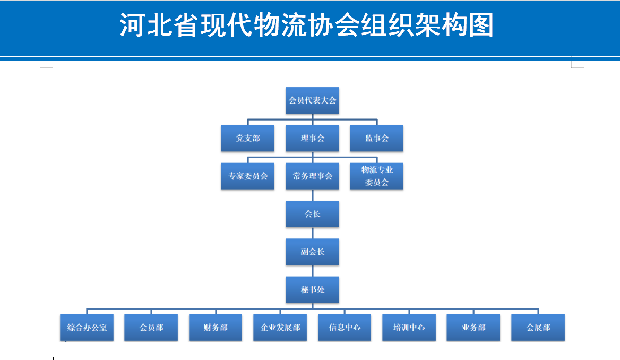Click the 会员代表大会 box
pyautogui.click(x=312, y=100)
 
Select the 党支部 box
pyautogui.click(x=248, y=138)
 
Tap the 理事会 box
pyautogui.click(x=312, y=138)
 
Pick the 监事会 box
pyautogui.click(x=377, y=138)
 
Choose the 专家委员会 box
pyautogui.click(x=248, y=176)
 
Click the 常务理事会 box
pyautogui.click(x=312, y=176)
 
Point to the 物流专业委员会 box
pyautogui.click(x=377, y=176)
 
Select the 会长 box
pyautogui.click(x=312, y=214)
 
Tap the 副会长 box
pyautogui.click(x=312, y=252)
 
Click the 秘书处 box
pyautogui.click(x=312, y=290)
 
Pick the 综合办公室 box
pyautogui.click(x=87, y=328)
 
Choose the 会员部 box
pyautogui.click(x=151, y=328)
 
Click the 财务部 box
pyautogui.click(x=216, y=328)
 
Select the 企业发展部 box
pyautogui.click(x=280, y=328)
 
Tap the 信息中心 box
pyautogui.click(x=345, y=328)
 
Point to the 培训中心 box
pyautogui.click(x=409, y=328)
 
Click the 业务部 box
pyautogui.click(x=473, y=328)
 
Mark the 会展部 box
pyautogui.click(x=538, y=328)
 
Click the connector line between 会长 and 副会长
pyautogui.click(x=312, y=233)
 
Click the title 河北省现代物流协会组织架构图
pyautogui.click(x=307, y=25)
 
